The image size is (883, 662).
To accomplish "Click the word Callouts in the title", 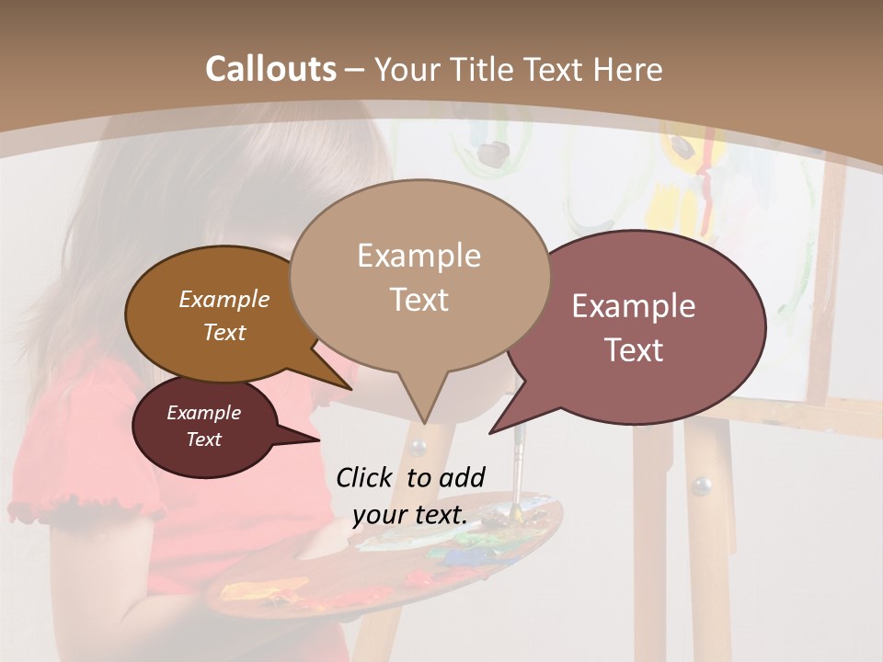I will pos(270,69).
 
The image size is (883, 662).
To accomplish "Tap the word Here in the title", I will pos(627,70).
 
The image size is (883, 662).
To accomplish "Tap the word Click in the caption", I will pos(366,477).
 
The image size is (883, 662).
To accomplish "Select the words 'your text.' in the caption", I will pos(409,515).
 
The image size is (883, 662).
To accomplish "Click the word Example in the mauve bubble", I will pos(634,306).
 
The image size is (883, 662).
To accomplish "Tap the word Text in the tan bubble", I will pos(419,299).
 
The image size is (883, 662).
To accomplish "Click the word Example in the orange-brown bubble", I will pos(224,299).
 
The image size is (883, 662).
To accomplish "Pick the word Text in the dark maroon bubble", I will pos(204,439).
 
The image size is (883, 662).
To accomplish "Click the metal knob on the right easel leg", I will pos(702,485).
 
